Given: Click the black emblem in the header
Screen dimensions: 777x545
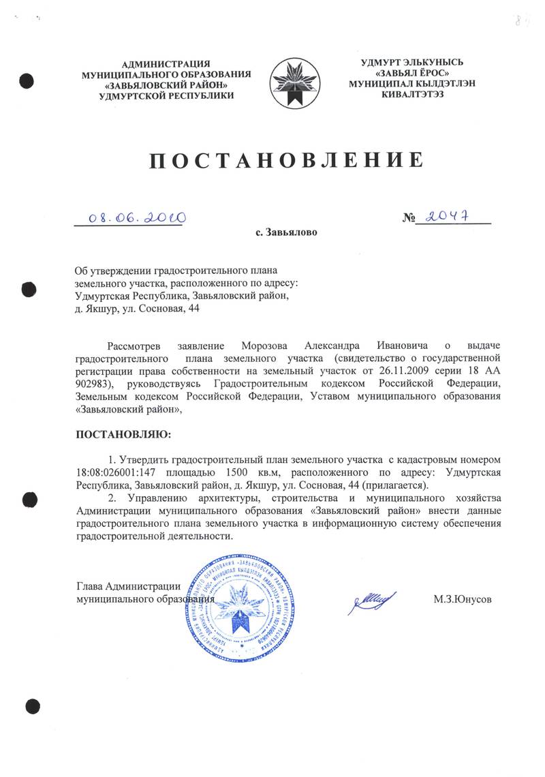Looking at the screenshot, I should click(x=293, y=81).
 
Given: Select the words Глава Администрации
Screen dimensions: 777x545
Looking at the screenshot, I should click(x=128, y=586).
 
